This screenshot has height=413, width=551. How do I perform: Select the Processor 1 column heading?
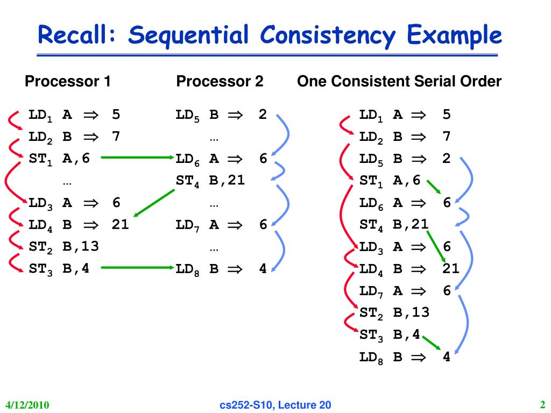point(68,82)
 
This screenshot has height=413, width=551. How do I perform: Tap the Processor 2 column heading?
point(220,82)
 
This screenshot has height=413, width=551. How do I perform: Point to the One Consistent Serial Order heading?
point(399,82)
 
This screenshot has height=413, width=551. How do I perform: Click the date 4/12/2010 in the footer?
point(27,405)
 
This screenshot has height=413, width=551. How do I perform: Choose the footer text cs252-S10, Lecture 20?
point(275,405)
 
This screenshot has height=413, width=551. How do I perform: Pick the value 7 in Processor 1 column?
point(116,137)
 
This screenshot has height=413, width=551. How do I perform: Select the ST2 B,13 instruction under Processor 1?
point(63,246)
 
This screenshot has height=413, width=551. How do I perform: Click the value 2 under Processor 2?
point(263,115)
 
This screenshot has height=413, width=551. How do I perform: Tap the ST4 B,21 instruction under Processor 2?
point(210,181)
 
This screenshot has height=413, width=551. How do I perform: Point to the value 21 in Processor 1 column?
point(120,224)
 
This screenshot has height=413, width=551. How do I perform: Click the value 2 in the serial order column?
point(446,159)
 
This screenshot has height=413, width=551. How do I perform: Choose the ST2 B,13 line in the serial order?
point(394,312)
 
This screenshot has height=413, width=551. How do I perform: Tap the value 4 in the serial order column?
point(446,357)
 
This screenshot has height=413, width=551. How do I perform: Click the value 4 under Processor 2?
point(263,268)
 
